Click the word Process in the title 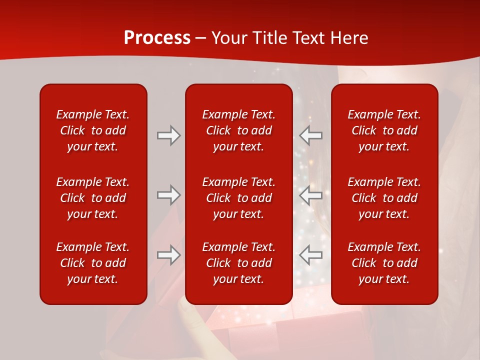coord(157,38)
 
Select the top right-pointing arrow coord(168,135)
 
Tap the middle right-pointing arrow coord(168,195)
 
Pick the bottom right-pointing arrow coord(168,255)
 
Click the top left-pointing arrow coord(311,135)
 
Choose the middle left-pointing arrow coord(311,195)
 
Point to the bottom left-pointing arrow coord(311,255)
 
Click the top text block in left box coord(93,130)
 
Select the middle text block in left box coord(93,198)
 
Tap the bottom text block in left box coord(93,263)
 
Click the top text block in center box coord(238,130)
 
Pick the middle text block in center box coord(238,198)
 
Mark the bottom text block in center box coord(238,263)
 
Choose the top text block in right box coord(384,130)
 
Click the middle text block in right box coord(384,198)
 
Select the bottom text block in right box coord(384,263)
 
